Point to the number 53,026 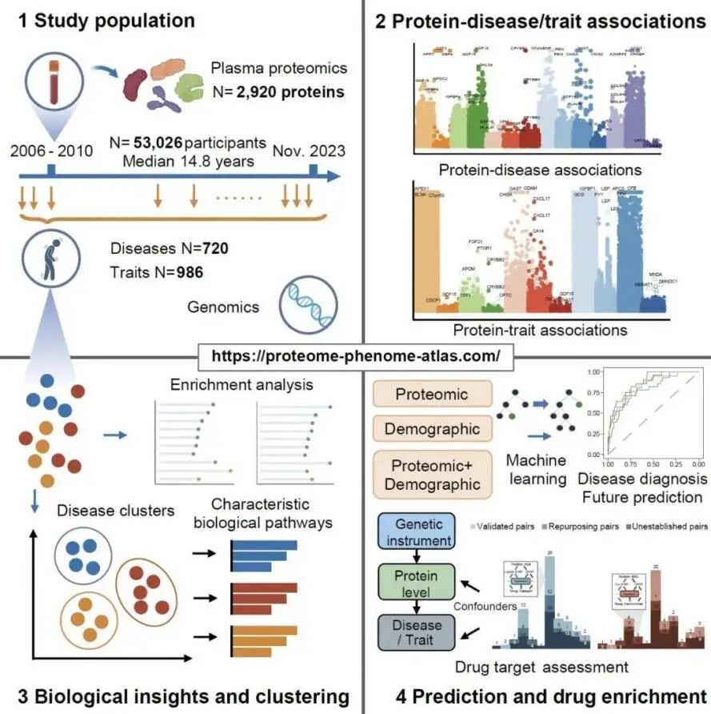pos(157,142)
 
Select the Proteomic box pos(431,394)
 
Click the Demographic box pos(431,429)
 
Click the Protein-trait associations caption pos(540,329)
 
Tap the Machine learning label pos(536,469)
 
